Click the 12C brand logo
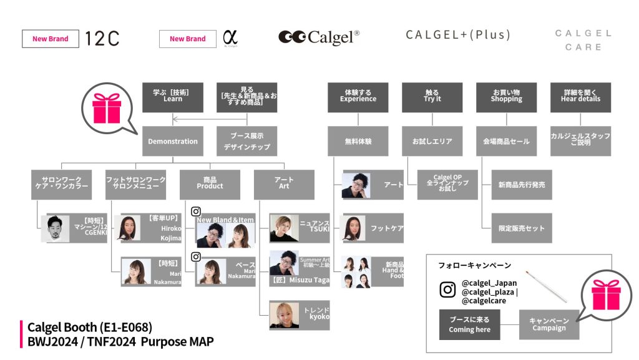101,39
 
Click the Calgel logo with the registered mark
319,37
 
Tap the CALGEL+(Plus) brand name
458,35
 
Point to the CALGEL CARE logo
583,40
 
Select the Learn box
173,97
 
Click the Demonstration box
173,141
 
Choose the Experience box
358,97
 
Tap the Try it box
432,97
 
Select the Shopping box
506,97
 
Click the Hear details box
580,97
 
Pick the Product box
210,184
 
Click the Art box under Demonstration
284,184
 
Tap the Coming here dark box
469,324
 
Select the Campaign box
549,324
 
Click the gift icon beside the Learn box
106,109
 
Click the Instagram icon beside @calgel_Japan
447,290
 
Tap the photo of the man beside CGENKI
55,228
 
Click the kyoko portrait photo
284,314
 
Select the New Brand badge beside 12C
51,39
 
